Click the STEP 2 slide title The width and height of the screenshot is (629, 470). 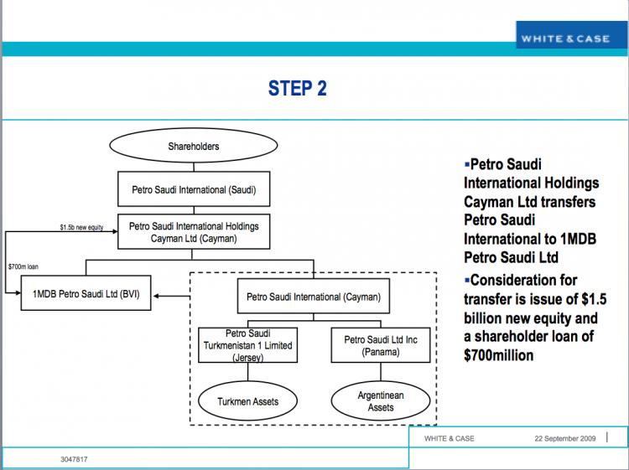point(297,88)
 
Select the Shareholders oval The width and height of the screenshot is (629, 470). point(194,147)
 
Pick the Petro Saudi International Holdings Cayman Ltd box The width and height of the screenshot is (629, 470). point(194,232)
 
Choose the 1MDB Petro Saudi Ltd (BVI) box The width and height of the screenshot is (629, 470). point(86,296)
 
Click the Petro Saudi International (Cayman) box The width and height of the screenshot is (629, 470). point(313,297)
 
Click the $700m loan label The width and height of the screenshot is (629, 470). point(23,266)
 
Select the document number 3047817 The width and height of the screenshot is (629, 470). point(75,459)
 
